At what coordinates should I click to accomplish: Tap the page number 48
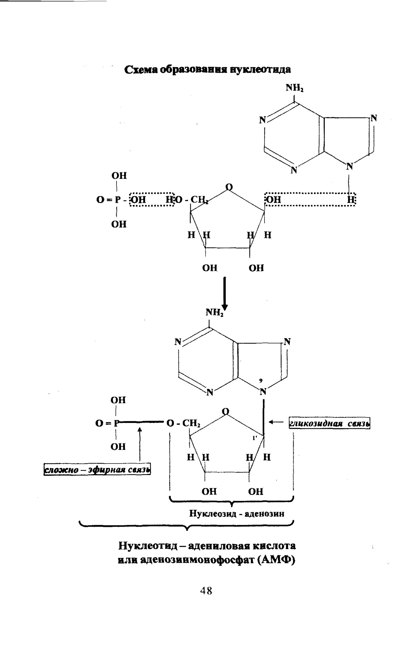(x=206, y=590)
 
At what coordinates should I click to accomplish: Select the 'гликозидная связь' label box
(x=330, y=424)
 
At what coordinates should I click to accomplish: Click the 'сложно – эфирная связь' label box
(x=97, y=470)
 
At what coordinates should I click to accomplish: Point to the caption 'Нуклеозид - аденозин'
(x=237, y=514)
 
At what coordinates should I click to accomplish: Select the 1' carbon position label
(x=255, y=438)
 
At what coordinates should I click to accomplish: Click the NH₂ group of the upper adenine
(x=295, y=88)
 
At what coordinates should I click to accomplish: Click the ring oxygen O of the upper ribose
(x=229, y=187)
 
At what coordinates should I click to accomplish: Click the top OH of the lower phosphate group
(x=118, y=400)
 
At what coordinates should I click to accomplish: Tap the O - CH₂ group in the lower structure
(x=183, y=423)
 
